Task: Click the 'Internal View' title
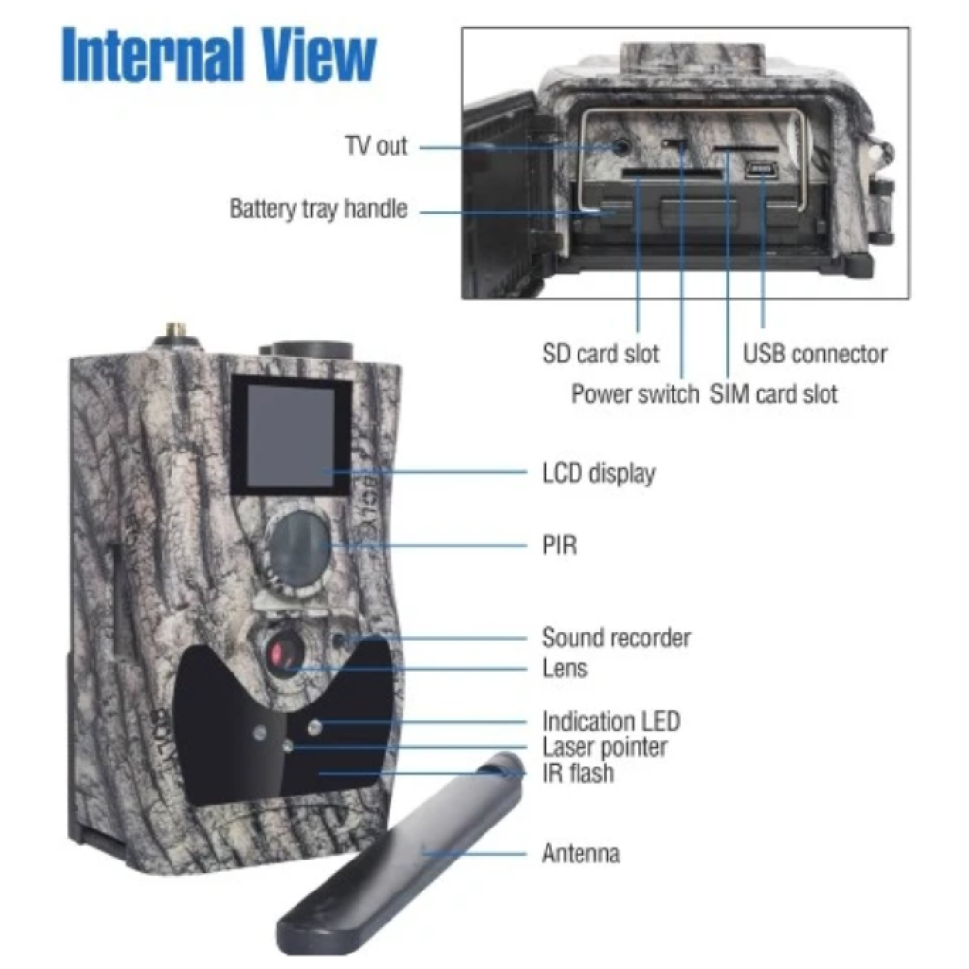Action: pyautogui.click(x=219, y=55)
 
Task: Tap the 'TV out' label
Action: pyautogui.click(x=376, y=146)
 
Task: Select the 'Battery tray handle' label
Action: pyautogui.click(x=318, y=209)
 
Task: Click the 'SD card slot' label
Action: pyautogui.click(x=600, y=354)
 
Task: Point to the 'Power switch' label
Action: pyautogui.click(x=635, y=393)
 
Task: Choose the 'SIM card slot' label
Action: pyautogui.click(x=773, y=393)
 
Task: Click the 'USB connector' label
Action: pyautogui.click(x=815, y=354)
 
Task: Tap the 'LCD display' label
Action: pyautogui.click(x=599, y=474)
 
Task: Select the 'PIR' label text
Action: pyautogui.click(x=559, y=546)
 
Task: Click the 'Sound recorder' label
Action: pyautogui.click(x=616, y=638)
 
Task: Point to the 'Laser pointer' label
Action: pyautogui.click(x=605, y=748)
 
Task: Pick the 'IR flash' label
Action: pyautogui.click(x=578, y=773)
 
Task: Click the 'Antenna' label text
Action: pyautogui.click(x=580, y=854)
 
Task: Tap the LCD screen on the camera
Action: pyautogui.click(x=291, y=436)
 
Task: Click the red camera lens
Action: pyautogui.click(x=282, y=652)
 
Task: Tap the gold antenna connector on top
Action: pyautogui.click(x=176, y=334)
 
